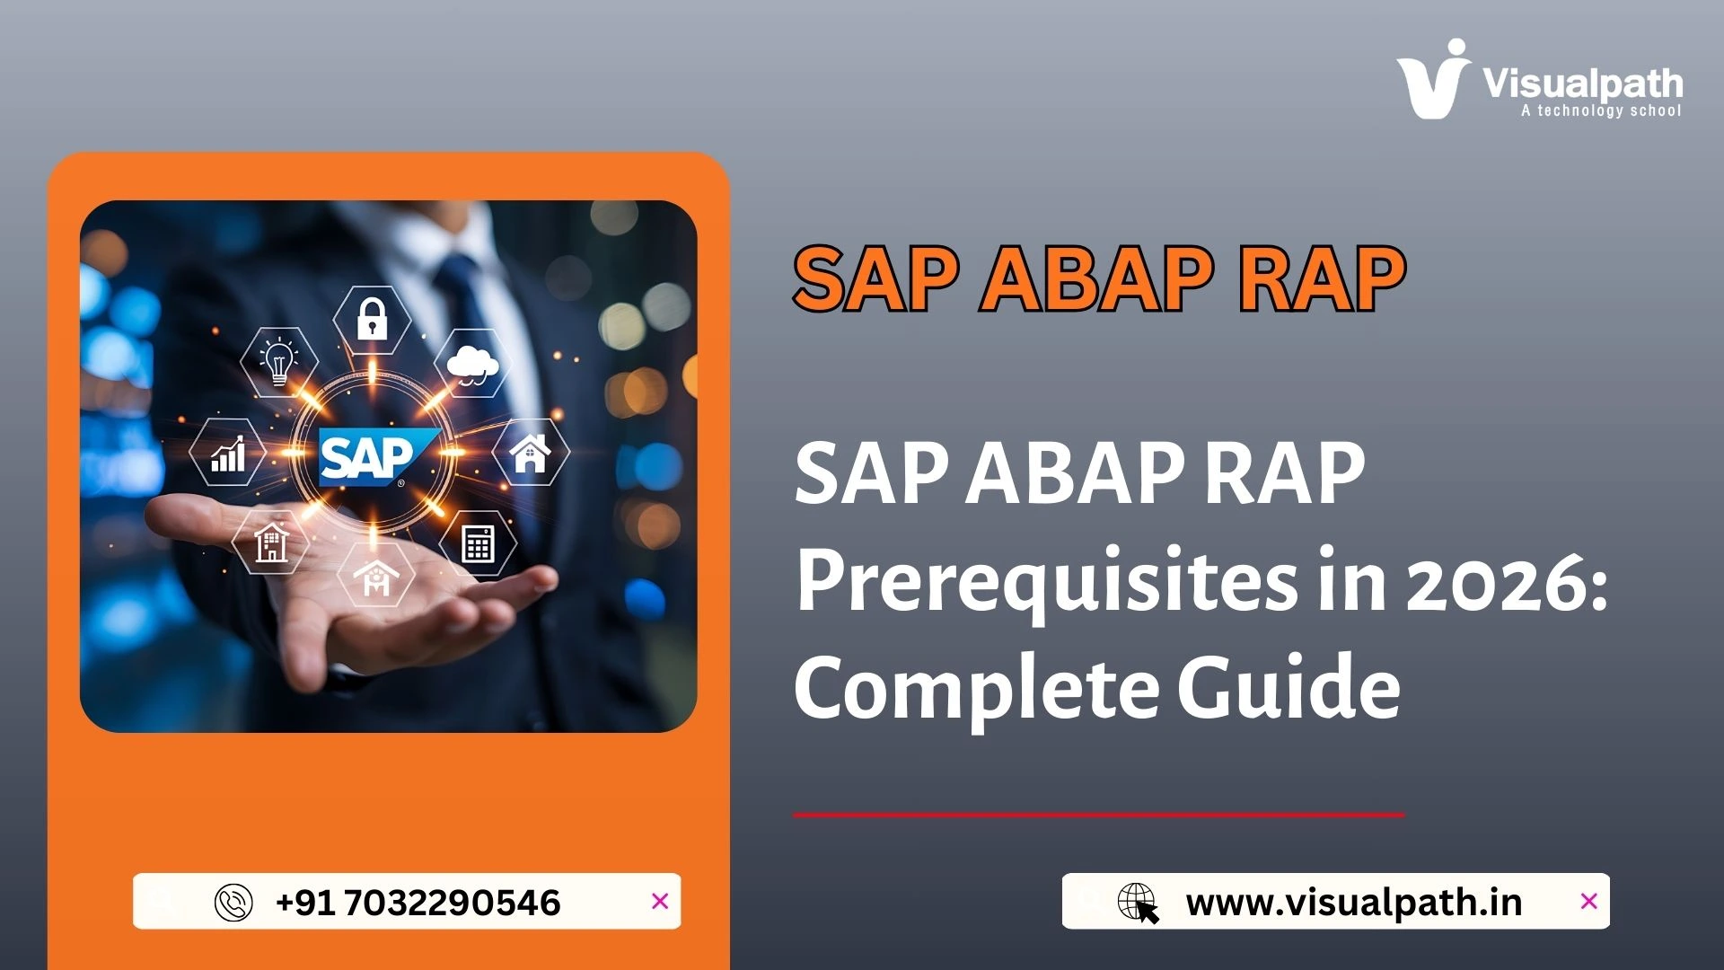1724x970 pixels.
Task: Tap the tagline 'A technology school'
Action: coord(1600,110)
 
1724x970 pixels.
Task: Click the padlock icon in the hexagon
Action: coord(372,319)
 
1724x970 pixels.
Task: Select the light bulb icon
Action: coord(278,361)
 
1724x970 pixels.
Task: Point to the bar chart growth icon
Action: coord(228,453)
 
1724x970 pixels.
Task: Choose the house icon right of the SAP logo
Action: coord(530,452)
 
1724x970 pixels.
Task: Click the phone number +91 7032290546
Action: coord(418,902)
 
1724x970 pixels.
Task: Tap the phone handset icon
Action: coord(233,902)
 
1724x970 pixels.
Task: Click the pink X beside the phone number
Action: coord(660,901)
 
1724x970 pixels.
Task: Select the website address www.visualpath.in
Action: coord(1353,902)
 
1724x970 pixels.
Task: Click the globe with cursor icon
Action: coord(1138,902)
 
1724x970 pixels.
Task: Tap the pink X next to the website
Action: coord(1588,901)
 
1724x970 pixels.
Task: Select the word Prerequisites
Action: coord(1046,581)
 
